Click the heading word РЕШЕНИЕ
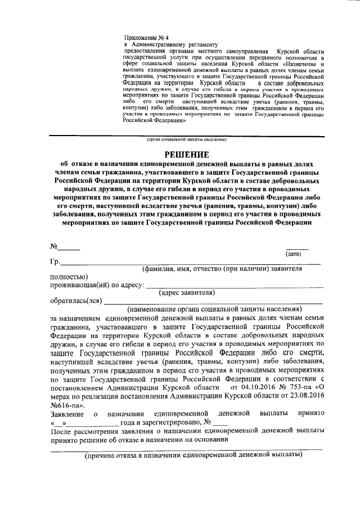pos(186,154)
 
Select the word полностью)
pos(68,277)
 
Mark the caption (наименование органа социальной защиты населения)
pos(214,309)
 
